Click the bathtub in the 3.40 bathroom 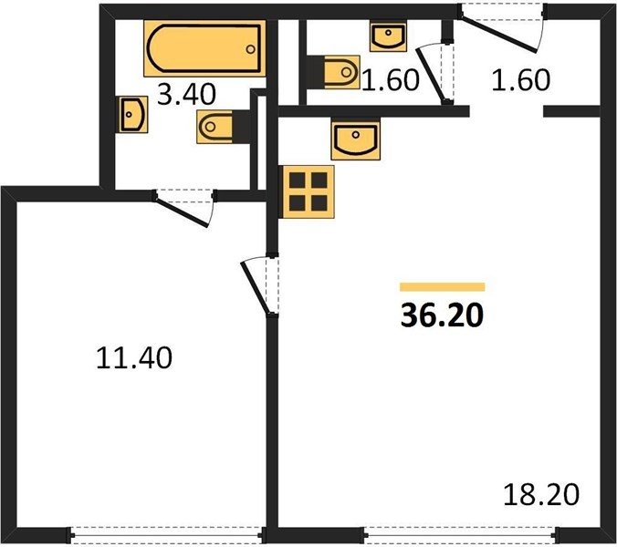[204, 48]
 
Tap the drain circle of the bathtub [250, 49]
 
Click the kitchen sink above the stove [356, 140]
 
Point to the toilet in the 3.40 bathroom [224, 126]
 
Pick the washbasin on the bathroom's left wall [133, 114]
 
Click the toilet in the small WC [333, 72]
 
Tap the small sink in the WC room [388, 36]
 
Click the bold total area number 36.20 [442, 315]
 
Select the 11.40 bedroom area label [134, 357]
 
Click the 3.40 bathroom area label [186, 94]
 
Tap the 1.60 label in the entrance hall [520, 80]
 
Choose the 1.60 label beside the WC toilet [391, 80]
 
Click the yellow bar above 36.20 [443, 287]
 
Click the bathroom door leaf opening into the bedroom [181, 212]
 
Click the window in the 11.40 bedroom [167, 535]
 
